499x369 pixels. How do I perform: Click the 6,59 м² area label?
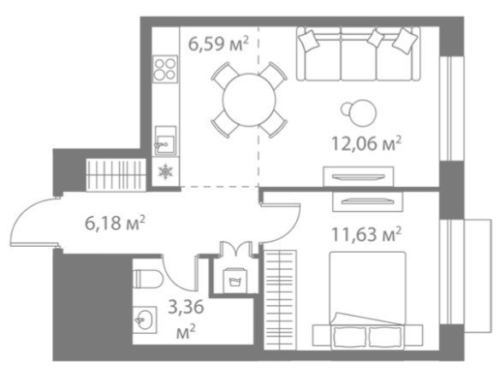218,44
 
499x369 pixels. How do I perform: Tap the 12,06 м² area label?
366,143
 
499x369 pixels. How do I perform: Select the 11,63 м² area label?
366,235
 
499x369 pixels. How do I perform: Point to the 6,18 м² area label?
115,223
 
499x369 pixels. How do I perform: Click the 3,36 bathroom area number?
186,307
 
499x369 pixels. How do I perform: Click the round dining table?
249,100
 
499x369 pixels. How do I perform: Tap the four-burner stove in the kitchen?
165,69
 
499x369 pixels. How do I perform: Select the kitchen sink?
165,141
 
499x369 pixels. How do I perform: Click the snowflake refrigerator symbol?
165,172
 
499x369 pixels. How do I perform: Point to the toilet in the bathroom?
148,278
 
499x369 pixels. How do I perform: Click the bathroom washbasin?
145,319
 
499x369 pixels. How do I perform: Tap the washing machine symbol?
234,281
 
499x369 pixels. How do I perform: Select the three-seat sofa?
359,53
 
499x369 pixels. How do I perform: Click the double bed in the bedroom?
367,299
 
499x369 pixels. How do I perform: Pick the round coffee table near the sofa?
359,113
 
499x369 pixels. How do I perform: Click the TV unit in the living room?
359,176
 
